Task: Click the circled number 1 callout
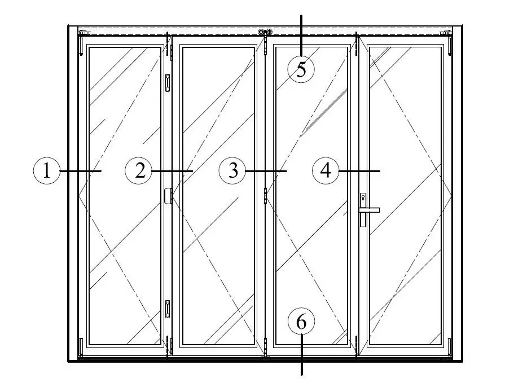[x=47, y=171]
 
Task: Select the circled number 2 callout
[x=139, y=171]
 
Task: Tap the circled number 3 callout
[x=232, y=171]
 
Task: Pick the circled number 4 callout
[x=326, y=171]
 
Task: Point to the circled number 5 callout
[x=301, y=69]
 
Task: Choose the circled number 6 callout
[x=301, y=322]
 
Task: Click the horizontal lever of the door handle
[x=369, y=210]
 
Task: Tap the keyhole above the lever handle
[x=363, y=198]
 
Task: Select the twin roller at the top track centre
[x=265, y=32]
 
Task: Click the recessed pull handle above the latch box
[x=168, y=82]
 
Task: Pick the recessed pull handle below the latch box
[x=168, y=309]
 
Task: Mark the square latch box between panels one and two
[x=169, y=196]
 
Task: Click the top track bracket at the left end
[x=84, y=33]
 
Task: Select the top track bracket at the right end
[x=446, y=33]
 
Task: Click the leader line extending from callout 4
[x=359, y=171]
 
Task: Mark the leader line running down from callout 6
[x=301, y=354]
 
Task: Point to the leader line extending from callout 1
[x=80, y=171]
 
